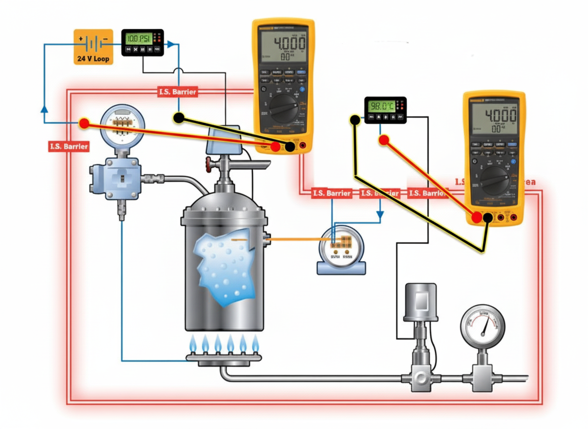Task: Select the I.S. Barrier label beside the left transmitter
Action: pyautogui.click(x=69, y=146)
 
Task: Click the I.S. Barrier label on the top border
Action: pyautogui.click(x=177, y=92)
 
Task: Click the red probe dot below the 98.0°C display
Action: pyautogui.click(x=383, y=140)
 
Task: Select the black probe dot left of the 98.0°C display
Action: pyautogui.click(x=355, y=120)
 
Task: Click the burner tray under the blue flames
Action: pyautogui.click(x=223, y=359)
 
